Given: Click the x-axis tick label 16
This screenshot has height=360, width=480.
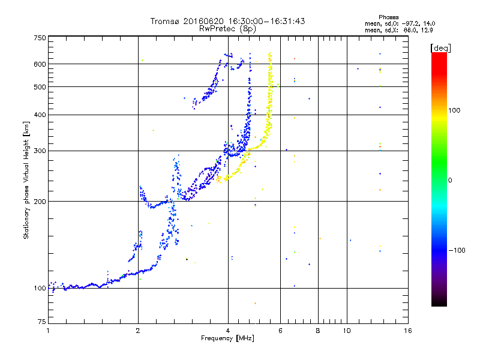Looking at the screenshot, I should (x=407, y=331).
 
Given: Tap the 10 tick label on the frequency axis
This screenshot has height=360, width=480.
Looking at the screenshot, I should (x=347, y=331).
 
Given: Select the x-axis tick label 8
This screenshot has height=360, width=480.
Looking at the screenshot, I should (x=318, y=331).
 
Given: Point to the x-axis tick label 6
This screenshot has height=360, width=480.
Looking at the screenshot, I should (x=281, y=331).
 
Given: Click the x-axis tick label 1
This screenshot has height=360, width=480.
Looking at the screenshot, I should (x=48, y=331).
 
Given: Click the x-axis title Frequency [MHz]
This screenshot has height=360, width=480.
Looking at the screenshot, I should (x=227, y=338).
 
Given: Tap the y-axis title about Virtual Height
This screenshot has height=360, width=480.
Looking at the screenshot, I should (x=26, y=180).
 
